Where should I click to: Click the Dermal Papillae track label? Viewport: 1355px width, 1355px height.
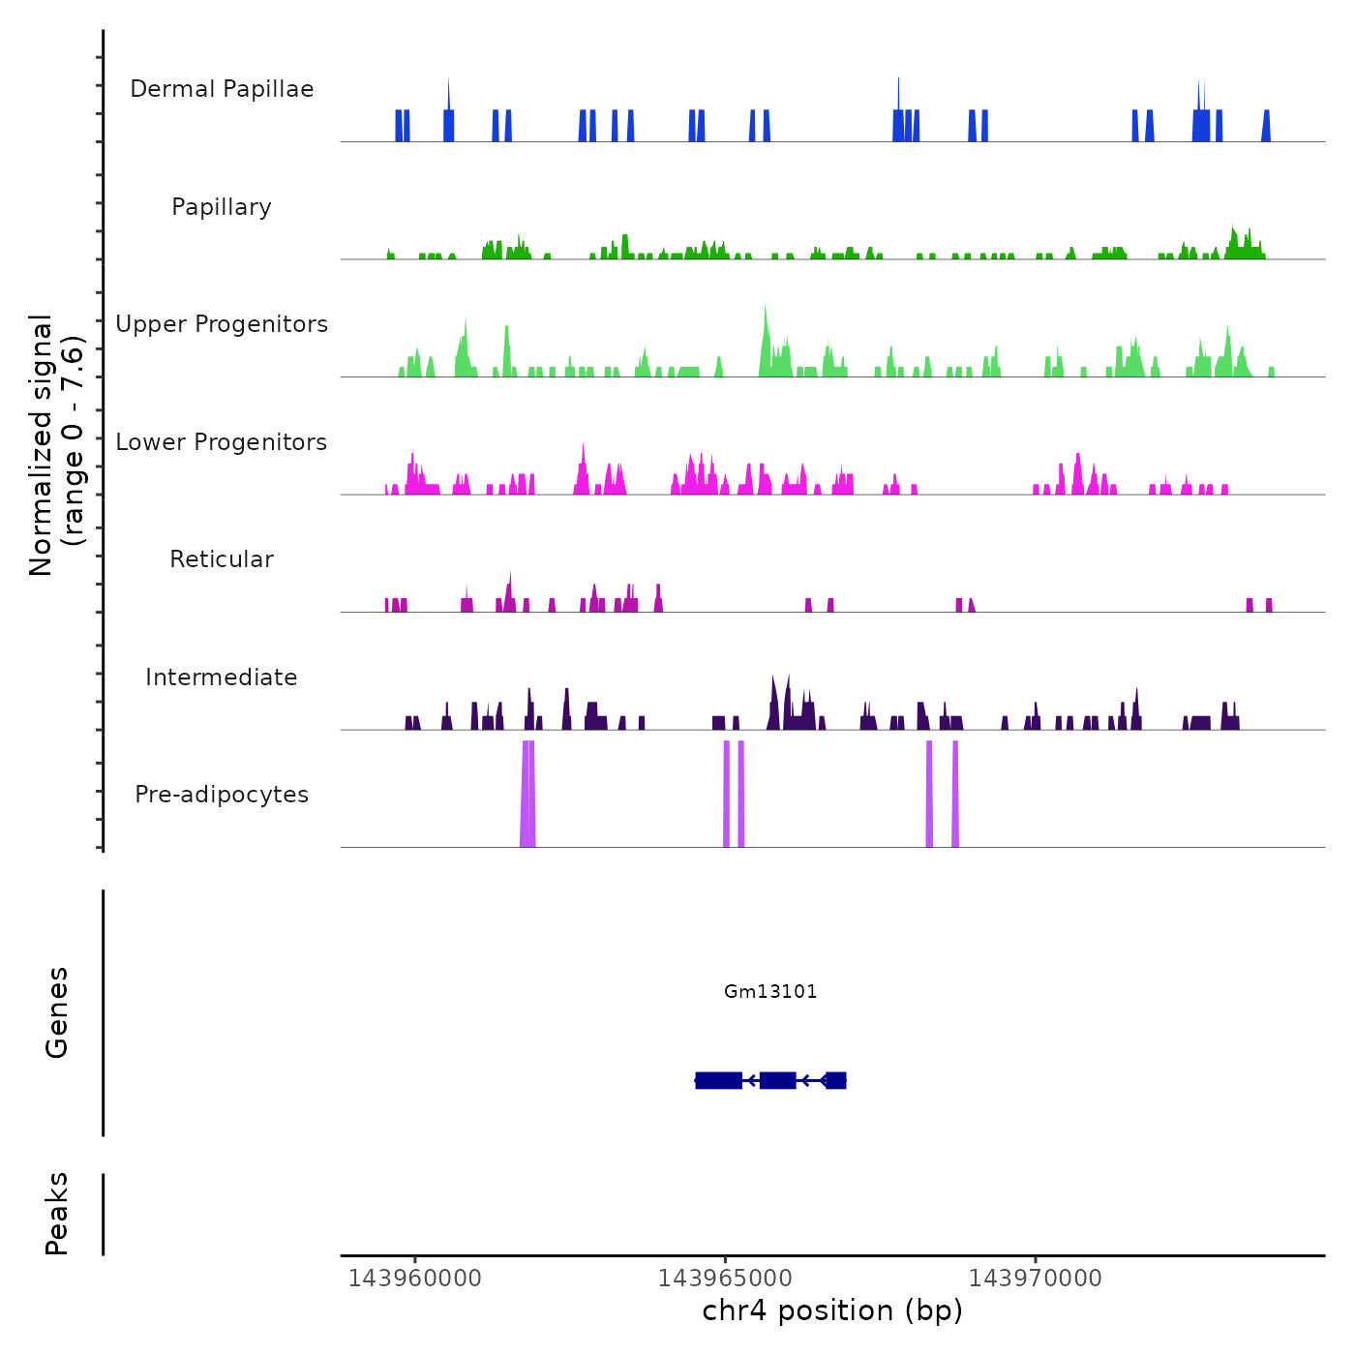click(x=222, y=89)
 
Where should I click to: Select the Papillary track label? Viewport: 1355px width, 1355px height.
click(x=222, y=207)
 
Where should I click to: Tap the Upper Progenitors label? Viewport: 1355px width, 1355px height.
click(x=222, y=324)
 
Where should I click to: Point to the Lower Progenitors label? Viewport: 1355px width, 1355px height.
click(x=222, y=442)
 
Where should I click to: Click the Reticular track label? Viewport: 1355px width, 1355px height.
click(x=222, y=559)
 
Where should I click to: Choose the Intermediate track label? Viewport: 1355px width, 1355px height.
click(x=222, y=677)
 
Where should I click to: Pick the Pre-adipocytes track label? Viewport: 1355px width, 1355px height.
click(x=222, y=795)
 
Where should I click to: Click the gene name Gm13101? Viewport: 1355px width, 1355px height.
click(x=770, y=991)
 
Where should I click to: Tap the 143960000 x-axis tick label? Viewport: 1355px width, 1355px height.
click(x=414, y=1278)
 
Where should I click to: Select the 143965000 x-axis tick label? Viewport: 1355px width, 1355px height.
click(x=725, y=1278)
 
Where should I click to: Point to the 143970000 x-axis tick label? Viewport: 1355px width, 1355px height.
click(x=1035, y=1278)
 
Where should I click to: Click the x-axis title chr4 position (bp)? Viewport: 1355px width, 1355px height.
click(x=832, y=1310)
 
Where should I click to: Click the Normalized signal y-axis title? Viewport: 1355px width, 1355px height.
click(x=56, y=444)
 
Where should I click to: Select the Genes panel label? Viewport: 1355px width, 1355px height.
click(x=56, y=1012)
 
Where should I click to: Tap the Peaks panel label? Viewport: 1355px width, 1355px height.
click(x=56, y=1214)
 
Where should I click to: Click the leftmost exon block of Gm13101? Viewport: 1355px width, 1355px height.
click(x=718, y=1080)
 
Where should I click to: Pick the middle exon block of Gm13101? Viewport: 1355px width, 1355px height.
click(x=777, y=1080)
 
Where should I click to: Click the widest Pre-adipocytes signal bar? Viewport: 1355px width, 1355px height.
click(x=527, y=794)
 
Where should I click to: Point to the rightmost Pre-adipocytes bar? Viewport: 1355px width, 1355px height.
click(x=955, y=794)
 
